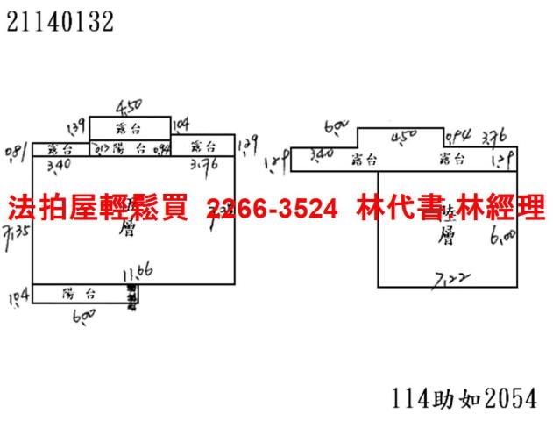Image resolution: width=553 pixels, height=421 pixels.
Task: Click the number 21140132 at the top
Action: (60, 23)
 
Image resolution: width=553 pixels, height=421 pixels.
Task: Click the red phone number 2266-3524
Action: (272, 208)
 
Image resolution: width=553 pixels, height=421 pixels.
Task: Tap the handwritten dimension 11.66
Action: (138, 273)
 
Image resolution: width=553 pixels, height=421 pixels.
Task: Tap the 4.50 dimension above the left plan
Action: (129, 106)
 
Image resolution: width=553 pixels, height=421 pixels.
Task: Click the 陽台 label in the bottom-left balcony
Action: (79, 294)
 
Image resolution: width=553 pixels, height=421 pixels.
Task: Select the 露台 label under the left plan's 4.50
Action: (130, 128)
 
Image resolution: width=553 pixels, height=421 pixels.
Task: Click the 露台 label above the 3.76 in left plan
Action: (202, 146)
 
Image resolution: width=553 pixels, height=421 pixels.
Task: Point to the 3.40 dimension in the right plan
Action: (321, 155)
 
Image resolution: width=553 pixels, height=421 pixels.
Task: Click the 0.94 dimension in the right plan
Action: (457, 137)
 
